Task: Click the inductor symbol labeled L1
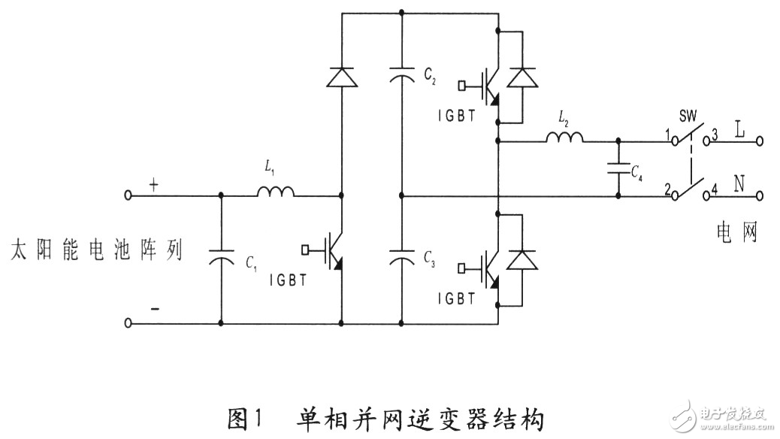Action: click(275, 194)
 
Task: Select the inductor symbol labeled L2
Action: click(564, 138)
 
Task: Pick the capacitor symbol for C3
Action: click(402, 259)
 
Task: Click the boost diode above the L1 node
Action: click(342, 76)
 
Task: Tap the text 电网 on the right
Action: click(737, 234)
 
